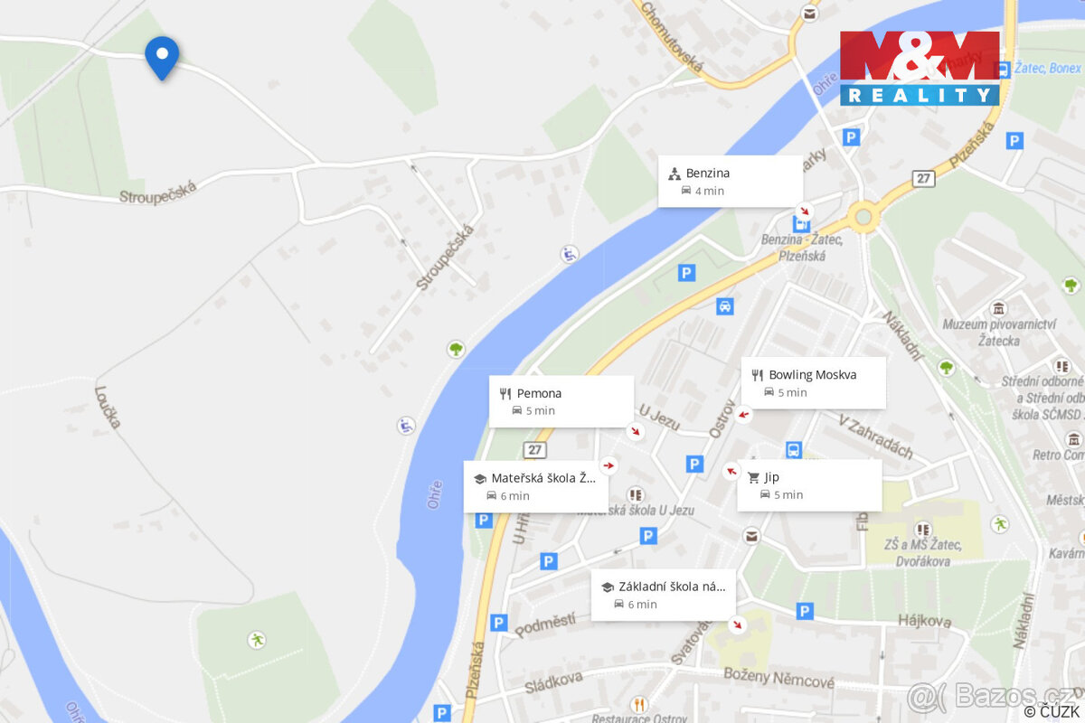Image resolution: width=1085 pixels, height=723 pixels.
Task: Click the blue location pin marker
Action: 162,56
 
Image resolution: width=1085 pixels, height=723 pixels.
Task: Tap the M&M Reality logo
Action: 920,69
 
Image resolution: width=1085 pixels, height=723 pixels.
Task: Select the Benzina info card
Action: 730,181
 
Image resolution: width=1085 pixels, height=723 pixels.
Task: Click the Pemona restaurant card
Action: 561,401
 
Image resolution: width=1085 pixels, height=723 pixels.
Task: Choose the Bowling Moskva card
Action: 813,382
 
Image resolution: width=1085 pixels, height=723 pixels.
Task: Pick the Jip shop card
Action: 808,485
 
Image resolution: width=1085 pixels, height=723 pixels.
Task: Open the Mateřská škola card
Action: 535,486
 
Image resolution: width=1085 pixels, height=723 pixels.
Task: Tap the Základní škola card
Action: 663,595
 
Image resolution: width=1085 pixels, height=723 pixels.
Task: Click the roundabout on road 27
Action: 863,217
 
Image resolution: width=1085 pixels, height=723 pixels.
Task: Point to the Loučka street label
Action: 108,408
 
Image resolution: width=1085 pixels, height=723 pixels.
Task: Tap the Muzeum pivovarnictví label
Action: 999,332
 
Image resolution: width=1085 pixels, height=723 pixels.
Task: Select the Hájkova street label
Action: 925,621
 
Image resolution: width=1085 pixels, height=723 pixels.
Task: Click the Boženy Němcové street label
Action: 778,678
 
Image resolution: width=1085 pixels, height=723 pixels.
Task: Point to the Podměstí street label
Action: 545,624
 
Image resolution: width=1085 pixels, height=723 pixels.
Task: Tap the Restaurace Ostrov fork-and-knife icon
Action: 640,704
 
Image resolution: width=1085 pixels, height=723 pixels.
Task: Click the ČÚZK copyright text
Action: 1052,711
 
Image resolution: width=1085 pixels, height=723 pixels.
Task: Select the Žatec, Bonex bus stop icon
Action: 1004,69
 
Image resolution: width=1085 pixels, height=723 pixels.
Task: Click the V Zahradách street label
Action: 876,437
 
